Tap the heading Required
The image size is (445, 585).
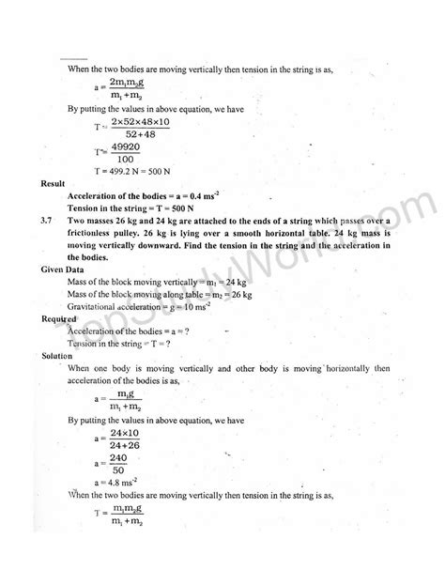point(57,319)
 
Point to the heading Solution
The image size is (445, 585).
point(56,356)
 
